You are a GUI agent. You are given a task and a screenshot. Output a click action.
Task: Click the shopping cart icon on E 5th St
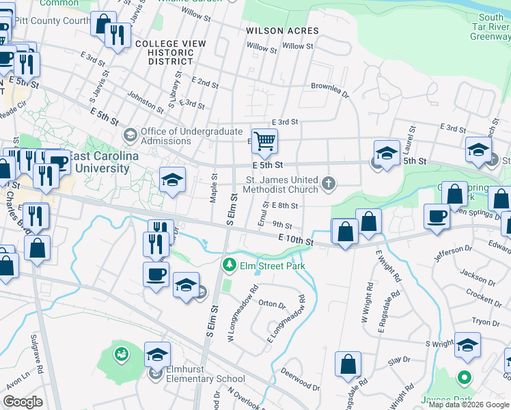pyautogui.click(x=264, y=141)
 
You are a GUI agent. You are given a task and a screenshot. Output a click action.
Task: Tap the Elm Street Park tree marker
pyautogui.click(x=229, y=264)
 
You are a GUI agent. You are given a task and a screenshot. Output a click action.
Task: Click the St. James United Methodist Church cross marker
pyautogui.click(x=329, y=183)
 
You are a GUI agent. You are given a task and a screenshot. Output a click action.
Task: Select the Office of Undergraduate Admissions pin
pyautogui.click(x=131, y=133)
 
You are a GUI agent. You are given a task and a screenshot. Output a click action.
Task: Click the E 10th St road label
pyautogui.click(x=295, y=240)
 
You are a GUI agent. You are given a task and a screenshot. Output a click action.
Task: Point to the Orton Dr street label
pyautogui.click(x=271, y=304)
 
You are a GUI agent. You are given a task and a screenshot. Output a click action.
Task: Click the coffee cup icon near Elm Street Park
pyautogui.click(x=156, y=274)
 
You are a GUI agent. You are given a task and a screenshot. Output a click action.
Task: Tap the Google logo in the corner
pyautogui.click(x=23, y=402)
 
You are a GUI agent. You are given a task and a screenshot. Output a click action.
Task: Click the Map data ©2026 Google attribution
pyautogui.click(x=469, y=405)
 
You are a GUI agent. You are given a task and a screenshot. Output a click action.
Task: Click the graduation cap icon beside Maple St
pyautogui.click(x=173, y=180)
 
